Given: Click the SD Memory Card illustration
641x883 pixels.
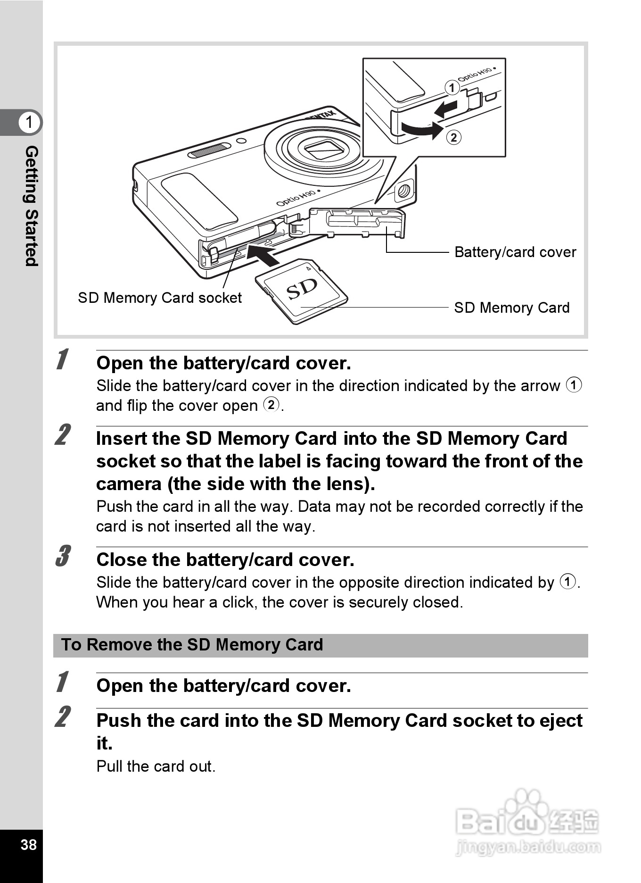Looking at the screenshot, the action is (x=302, y=291).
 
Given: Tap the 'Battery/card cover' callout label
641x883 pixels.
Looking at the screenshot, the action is (x=515, y=252).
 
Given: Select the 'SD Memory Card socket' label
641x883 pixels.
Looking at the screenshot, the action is (x=160, y=298).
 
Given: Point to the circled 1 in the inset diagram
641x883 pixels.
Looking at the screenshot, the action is (x=452, y=88).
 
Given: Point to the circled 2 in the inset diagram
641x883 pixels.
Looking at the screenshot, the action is (x=453, y=137).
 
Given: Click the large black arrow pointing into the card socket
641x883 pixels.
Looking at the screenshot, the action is (x=262, y=255).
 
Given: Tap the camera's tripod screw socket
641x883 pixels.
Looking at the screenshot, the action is (x=404, y=191).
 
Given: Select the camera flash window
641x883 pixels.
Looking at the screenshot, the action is (x=209, y=151).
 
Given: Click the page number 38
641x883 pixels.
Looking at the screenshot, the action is (x=28, y=844).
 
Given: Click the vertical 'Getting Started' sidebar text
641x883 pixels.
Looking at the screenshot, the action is (x=31, y=206).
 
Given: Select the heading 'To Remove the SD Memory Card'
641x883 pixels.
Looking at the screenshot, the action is (x=192, y=645).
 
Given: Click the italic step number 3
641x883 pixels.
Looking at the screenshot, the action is (x=63, y=556).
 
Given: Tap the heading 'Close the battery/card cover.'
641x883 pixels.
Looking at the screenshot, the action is (x=225, y=560).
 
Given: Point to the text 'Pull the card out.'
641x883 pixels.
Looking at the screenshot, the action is (x=156, y=766).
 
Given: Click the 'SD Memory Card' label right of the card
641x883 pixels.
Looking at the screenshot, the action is (x=512, y=308).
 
